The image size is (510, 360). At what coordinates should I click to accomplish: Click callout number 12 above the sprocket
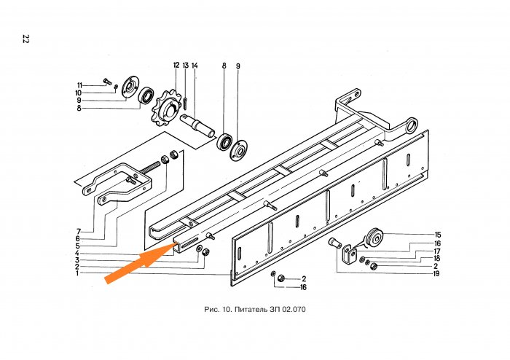pyautogui.click(x=176, y=66)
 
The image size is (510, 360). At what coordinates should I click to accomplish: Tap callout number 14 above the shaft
pyautogui.click(x=195, y=66)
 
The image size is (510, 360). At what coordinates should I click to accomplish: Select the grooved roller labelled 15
pyautogui.click(x=375, y=238)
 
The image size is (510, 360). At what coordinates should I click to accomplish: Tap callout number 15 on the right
pyautogui.click(x=437, y=235)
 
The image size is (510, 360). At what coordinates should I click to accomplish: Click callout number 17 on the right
pyautogui.click(x=437, y=251)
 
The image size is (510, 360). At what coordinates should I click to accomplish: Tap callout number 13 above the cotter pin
pyautogui.click(x=185, y=66)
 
